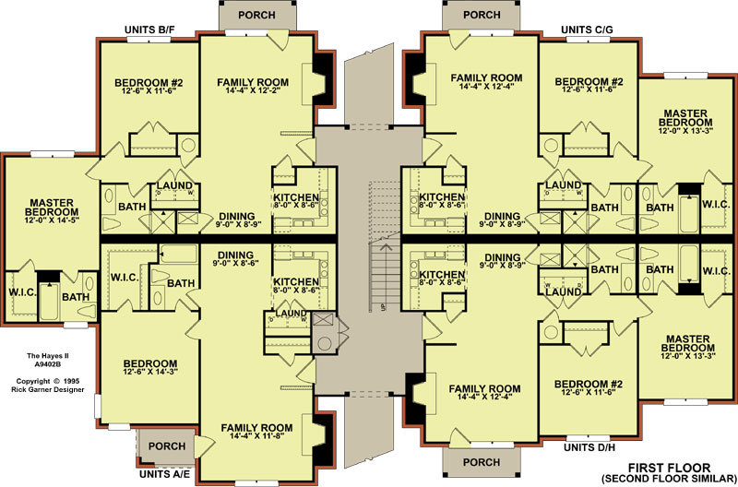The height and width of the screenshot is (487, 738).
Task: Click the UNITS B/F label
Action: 149,30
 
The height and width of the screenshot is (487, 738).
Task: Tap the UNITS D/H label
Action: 589,447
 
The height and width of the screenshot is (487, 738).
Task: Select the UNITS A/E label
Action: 164,474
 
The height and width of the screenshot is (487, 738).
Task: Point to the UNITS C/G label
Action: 587,30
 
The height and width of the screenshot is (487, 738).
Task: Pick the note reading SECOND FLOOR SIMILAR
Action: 669,479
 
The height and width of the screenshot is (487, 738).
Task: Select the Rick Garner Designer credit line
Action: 48,389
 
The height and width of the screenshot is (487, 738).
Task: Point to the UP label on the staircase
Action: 384,307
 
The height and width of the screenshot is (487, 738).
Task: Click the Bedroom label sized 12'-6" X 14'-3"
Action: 150,367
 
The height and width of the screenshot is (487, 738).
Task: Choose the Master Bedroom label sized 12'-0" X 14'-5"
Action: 52,211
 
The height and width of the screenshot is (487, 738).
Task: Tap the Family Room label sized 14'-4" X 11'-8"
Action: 256,432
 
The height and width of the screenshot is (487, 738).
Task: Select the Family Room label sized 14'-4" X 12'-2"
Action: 253,86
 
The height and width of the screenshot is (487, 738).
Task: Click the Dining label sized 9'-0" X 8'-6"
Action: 235,258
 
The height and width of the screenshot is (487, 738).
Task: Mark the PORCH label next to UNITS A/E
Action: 167,446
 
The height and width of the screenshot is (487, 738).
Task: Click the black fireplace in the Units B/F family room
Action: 323,78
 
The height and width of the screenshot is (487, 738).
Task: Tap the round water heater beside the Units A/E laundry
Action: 325,343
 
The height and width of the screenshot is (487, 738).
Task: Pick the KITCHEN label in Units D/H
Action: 442,274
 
